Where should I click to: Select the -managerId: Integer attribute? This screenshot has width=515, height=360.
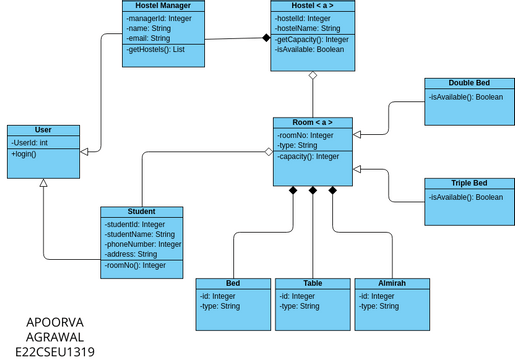pos(158,18)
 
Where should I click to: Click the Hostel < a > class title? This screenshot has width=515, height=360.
pos(313,6)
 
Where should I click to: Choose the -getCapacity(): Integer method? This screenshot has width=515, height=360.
pos(312,39)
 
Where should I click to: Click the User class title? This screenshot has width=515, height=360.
pos(43,131)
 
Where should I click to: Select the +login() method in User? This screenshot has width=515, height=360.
pos(27,155)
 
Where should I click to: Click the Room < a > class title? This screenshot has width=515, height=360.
pos(313,122)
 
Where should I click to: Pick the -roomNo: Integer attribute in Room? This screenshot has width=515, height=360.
pos(307,134)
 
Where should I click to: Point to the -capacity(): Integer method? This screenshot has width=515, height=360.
pos(309,156)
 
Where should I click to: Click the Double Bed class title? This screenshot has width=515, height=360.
pos(468,83)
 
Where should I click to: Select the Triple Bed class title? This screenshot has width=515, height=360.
pos(468,183)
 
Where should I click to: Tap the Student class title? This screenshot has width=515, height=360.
pos(142,211)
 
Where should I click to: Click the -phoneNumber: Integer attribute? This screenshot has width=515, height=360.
pos(143,244)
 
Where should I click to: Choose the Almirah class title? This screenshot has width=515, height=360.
pos(393,284)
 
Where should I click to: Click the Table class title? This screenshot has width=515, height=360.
pos(313,284)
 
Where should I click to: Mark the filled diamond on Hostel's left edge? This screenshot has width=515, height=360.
pos(266,37)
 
